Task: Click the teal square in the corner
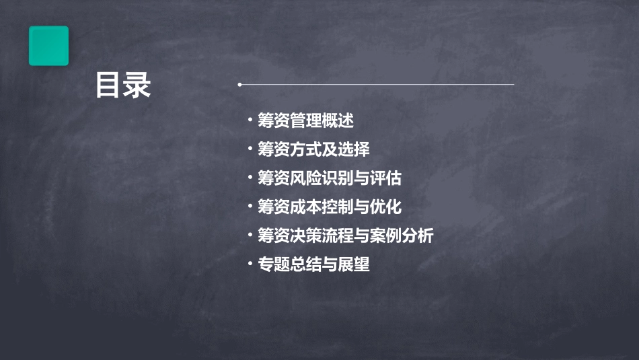point(48,46)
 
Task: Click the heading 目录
point(123,85)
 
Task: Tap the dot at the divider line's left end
point(239,85)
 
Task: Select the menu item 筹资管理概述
point(305,121)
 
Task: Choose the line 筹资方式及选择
point(313,149)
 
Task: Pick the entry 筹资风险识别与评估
point(330,178)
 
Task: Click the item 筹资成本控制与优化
point(330,207)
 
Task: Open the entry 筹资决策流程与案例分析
point(346,236)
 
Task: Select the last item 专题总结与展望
point(313,264)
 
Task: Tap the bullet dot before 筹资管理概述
point(250,120)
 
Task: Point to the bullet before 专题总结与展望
point(250,264)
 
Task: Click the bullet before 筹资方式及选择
point(250,149)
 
